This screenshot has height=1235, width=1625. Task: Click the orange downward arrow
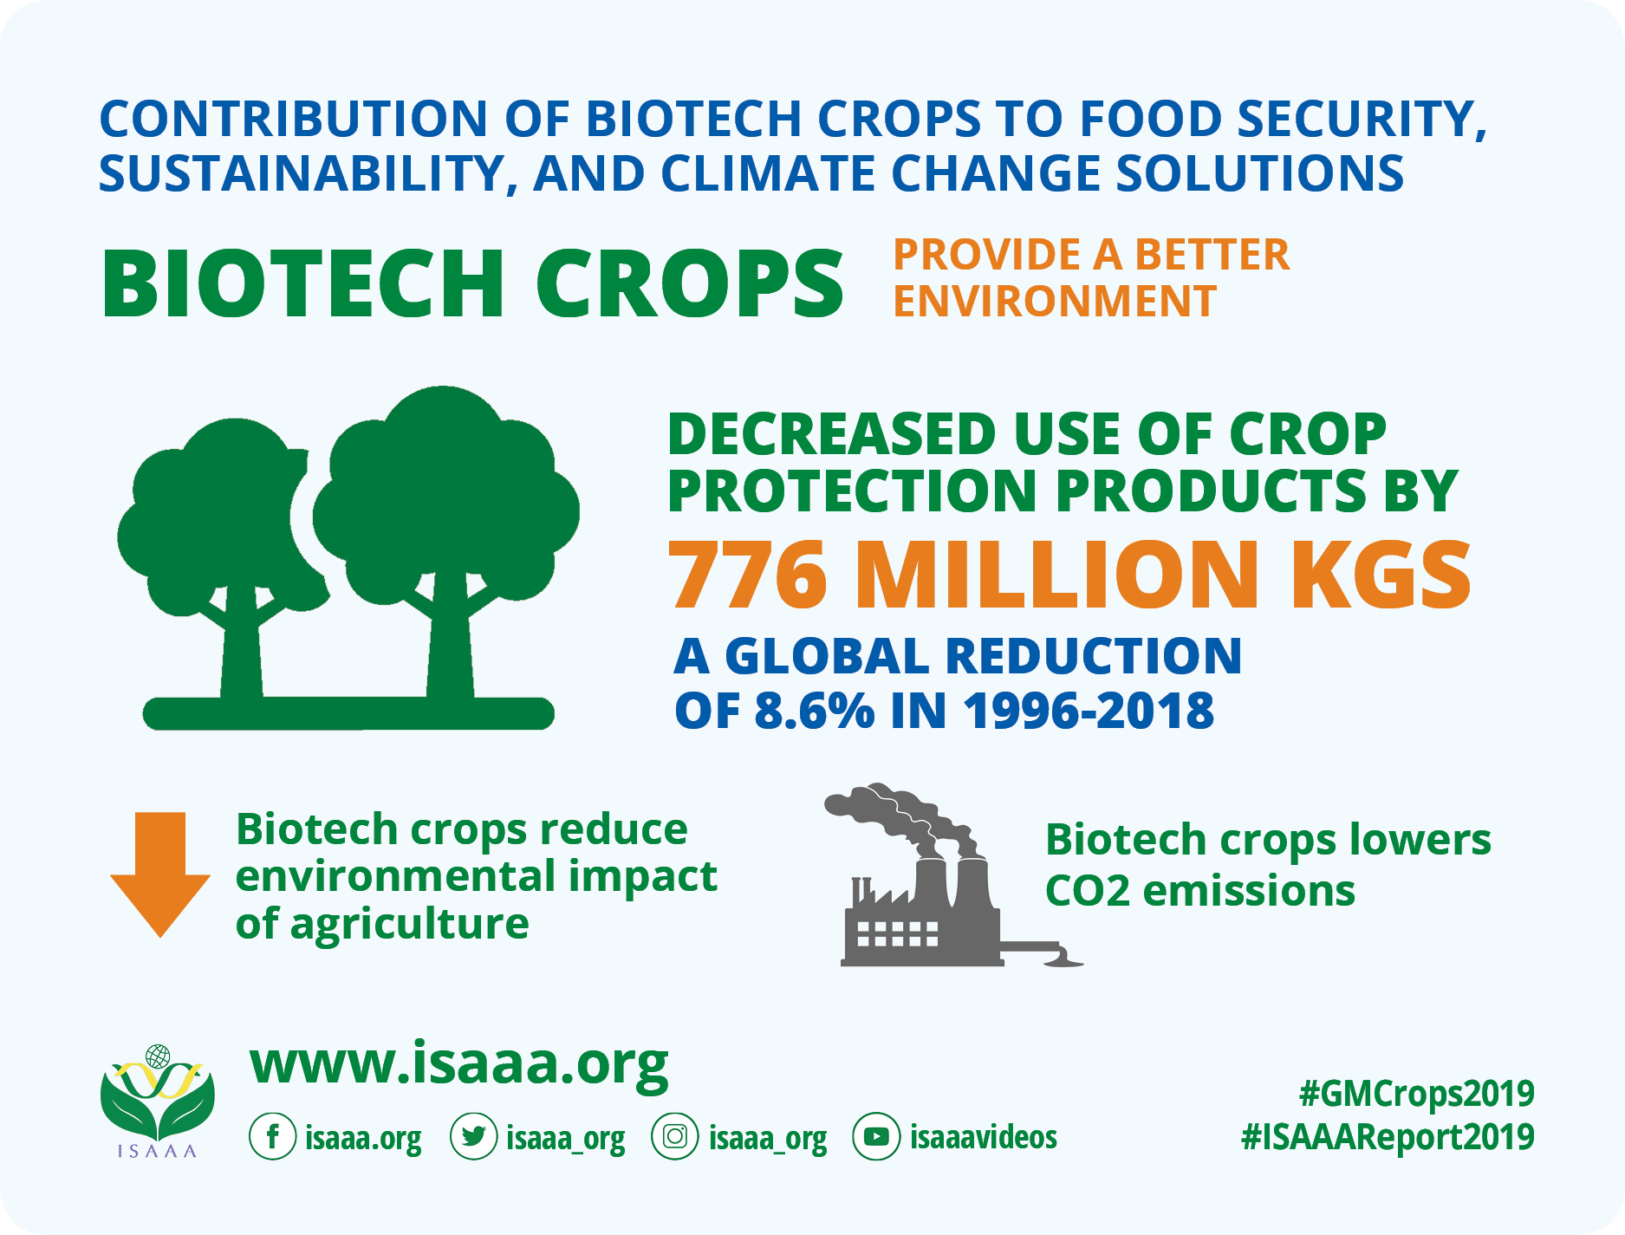point(160,874)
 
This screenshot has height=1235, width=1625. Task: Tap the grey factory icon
point(945,875)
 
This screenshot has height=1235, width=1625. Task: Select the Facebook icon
point(273,1136)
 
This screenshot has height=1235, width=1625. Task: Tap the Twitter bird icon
point(474,1136)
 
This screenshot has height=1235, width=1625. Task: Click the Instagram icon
point(674,1136)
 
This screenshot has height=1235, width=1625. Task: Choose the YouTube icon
point(876,1136)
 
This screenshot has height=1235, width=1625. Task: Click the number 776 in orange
point(748,575)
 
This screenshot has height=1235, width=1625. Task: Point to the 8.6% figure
point(814,711)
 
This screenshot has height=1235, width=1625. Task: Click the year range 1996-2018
point(1089,711)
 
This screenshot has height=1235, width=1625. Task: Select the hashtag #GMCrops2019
point(1416,1095)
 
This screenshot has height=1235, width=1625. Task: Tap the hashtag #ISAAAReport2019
point(1388,1137)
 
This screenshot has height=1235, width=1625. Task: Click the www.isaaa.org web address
point(459,1064)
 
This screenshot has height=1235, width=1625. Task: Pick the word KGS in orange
point(1381,575)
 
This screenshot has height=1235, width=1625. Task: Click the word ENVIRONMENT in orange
point(1055,302)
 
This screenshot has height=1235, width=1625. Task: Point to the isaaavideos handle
point(984,1136)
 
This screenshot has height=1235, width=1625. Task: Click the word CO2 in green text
point(1088,891)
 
